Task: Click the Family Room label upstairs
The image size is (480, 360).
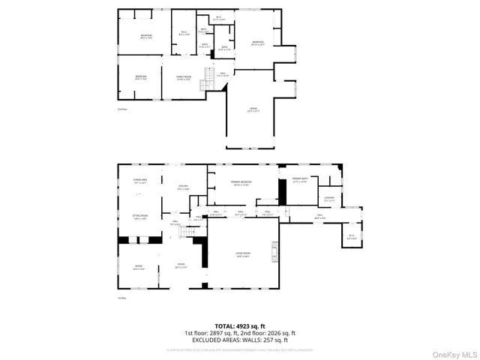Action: click(184, 77)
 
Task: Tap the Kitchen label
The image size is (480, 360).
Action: click(182, 187)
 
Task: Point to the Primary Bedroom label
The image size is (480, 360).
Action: click(241, 182)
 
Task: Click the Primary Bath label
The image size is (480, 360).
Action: click(299, 181)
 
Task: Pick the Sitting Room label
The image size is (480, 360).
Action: click(139, 217)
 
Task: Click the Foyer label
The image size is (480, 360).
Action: click(181, 265)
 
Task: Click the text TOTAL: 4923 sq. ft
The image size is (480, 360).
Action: click(240, 326)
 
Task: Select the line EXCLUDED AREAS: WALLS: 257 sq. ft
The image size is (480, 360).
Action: click(240, 340)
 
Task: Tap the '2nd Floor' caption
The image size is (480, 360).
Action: click(122, 109)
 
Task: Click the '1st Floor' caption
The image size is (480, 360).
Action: click(121, 298)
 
